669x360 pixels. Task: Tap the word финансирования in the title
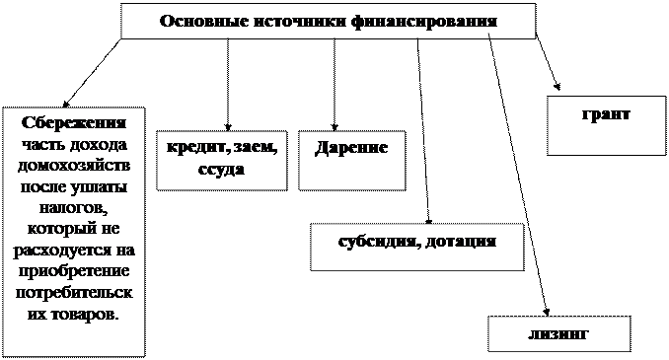(425, 22)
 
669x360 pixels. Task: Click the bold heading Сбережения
(74, 123)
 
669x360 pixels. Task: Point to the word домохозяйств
(74, 166)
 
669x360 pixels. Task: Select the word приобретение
(73, 271)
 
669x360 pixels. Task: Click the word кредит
(194, 148)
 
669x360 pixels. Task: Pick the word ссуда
(221, 170)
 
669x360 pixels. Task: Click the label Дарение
(351, 148)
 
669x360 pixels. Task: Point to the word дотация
(462, 243)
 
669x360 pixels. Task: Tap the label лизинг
(558, 334)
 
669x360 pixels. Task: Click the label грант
(606, 114)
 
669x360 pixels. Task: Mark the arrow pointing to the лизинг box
(518, 175)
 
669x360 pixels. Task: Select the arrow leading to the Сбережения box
(92, 73)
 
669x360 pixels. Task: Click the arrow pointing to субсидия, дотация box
(423, 131)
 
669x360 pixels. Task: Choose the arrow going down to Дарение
(334, 85)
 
